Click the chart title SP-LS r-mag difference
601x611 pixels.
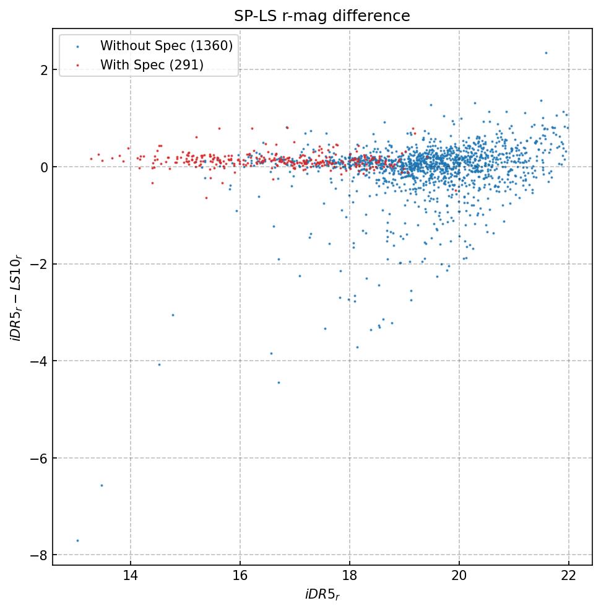click(322, 16)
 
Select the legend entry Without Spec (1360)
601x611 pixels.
click(166, 46)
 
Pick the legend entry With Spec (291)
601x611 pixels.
click(152, 65)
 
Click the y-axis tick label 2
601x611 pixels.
click(44, 70)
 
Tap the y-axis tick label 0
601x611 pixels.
click(44, 167)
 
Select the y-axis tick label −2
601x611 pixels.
click(39, 264)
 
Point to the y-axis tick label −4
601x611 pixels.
click(39, 361)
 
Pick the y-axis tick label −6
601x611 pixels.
click(39, 458)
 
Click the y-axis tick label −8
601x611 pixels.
click(39, 555)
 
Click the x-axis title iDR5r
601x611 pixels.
click(322, 596)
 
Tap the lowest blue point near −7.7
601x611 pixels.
click(77, 540)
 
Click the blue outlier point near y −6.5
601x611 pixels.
click(102, 485)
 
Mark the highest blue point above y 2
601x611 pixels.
click(546, 53)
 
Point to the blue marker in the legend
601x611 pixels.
click(77, 46)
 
